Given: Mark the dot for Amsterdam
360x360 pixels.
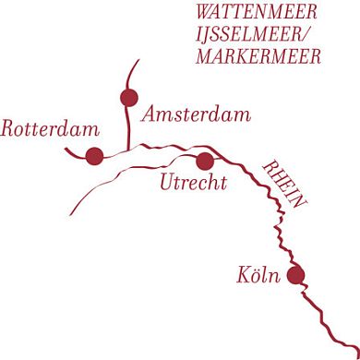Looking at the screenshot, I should [128, 97].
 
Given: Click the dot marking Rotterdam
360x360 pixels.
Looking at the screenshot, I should [94, 157].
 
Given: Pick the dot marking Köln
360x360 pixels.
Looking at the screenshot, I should [295, 274].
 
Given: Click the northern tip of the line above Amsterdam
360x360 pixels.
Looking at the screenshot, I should [139, 61].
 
